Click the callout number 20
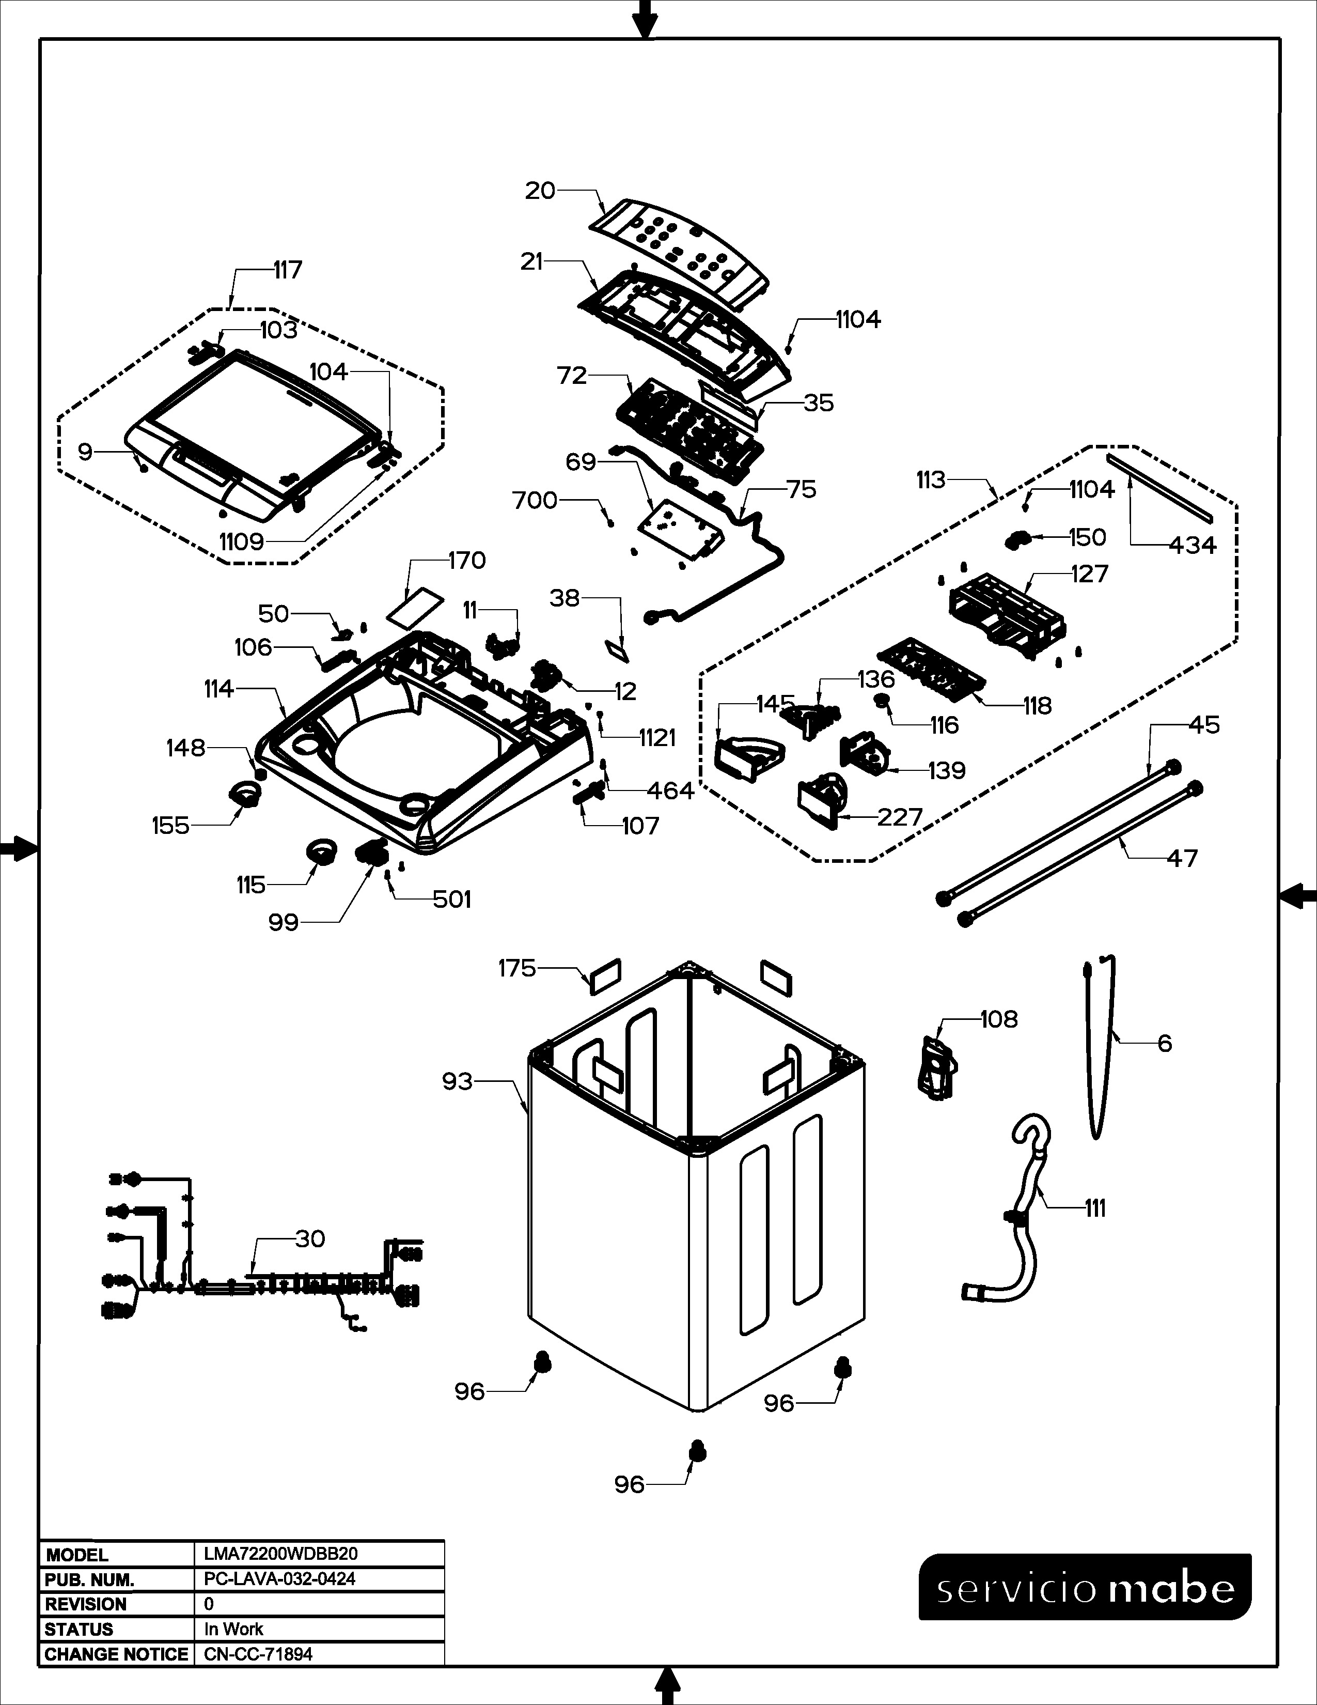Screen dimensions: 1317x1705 (x=540, y=191)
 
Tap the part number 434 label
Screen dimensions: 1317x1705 (x=1192, y=545)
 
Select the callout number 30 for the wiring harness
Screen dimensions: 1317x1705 (x=310, y=1239)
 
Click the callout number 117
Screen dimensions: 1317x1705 (x=287, y=270)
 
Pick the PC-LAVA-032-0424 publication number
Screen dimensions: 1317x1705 (x=279, y=1578)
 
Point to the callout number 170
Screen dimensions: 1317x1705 (x=466, y=561)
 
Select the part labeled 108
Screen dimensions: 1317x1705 (x=937, y=1067)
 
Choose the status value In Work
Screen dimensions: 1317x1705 (x=233, y=1629)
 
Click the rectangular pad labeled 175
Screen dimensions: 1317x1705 (x=605, y=976)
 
